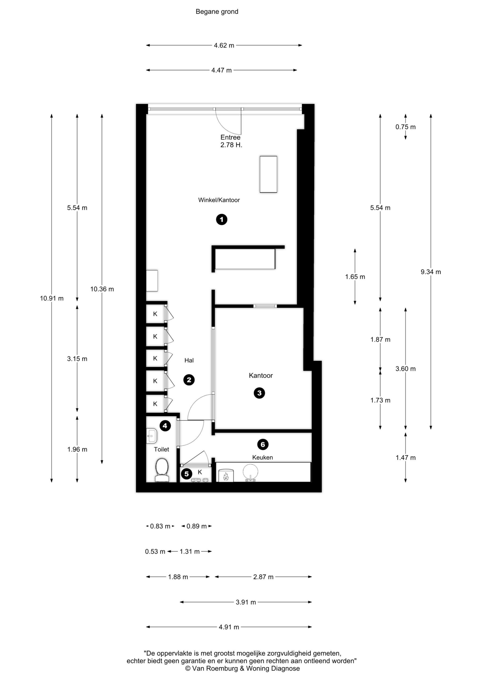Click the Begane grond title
coord(217,11)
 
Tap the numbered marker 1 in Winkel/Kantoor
coord(222,219)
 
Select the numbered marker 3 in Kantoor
coord(259,393)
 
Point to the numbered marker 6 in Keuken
coord(263,444)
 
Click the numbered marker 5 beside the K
coord(186,474)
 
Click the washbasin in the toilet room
coord(152,436)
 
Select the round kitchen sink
coord(250,472)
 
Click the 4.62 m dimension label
coord(224,45)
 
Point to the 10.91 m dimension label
coord(52,298)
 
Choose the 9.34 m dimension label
coord(431,272)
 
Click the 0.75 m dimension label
coord(406,127)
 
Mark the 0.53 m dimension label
coord(155,551)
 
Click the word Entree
coord(230,137)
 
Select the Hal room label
coord(189,360)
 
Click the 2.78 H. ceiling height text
coord(231,145)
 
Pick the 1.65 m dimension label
coord(355,277)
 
